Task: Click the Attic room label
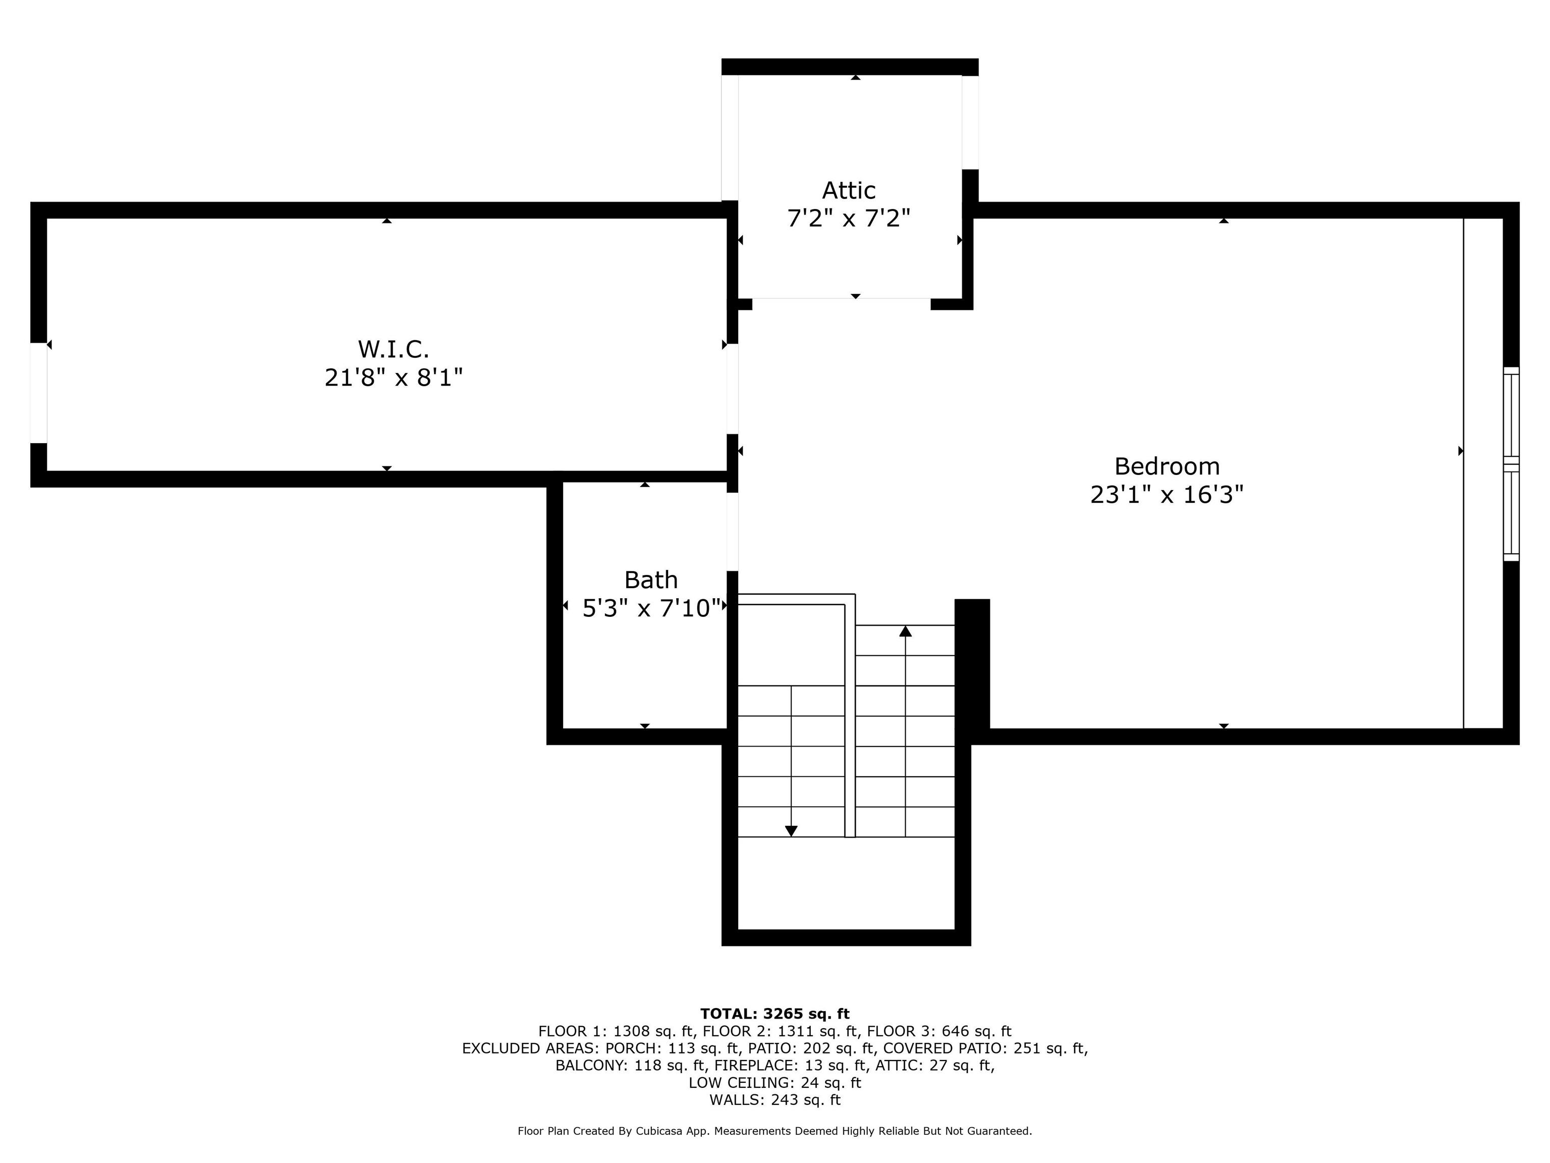[x=849, y=191]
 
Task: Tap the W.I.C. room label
[x=393, y=349]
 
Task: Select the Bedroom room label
[x=1167, y=466]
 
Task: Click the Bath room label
[x=651, y=580]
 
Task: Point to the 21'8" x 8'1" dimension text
[x=393, y=378]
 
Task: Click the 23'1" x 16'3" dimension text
[x=1167, y=495]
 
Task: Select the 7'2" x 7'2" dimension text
[x=849, y=219]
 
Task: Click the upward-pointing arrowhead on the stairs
[x=905, y=631]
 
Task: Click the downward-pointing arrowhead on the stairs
[x=791, y=831]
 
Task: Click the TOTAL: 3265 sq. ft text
[x=774, y=1014]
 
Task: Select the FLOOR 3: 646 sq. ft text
[x=939, y=1031]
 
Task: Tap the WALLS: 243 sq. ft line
[x=774, y=1100]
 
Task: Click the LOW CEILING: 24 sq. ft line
[x=774, y=1082]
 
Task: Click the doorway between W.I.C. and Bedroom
[x=732, y=389]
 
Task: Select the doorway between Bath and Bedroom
[x=732, y=532]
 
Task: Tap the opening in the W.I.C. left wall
[x=38, y=393]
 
